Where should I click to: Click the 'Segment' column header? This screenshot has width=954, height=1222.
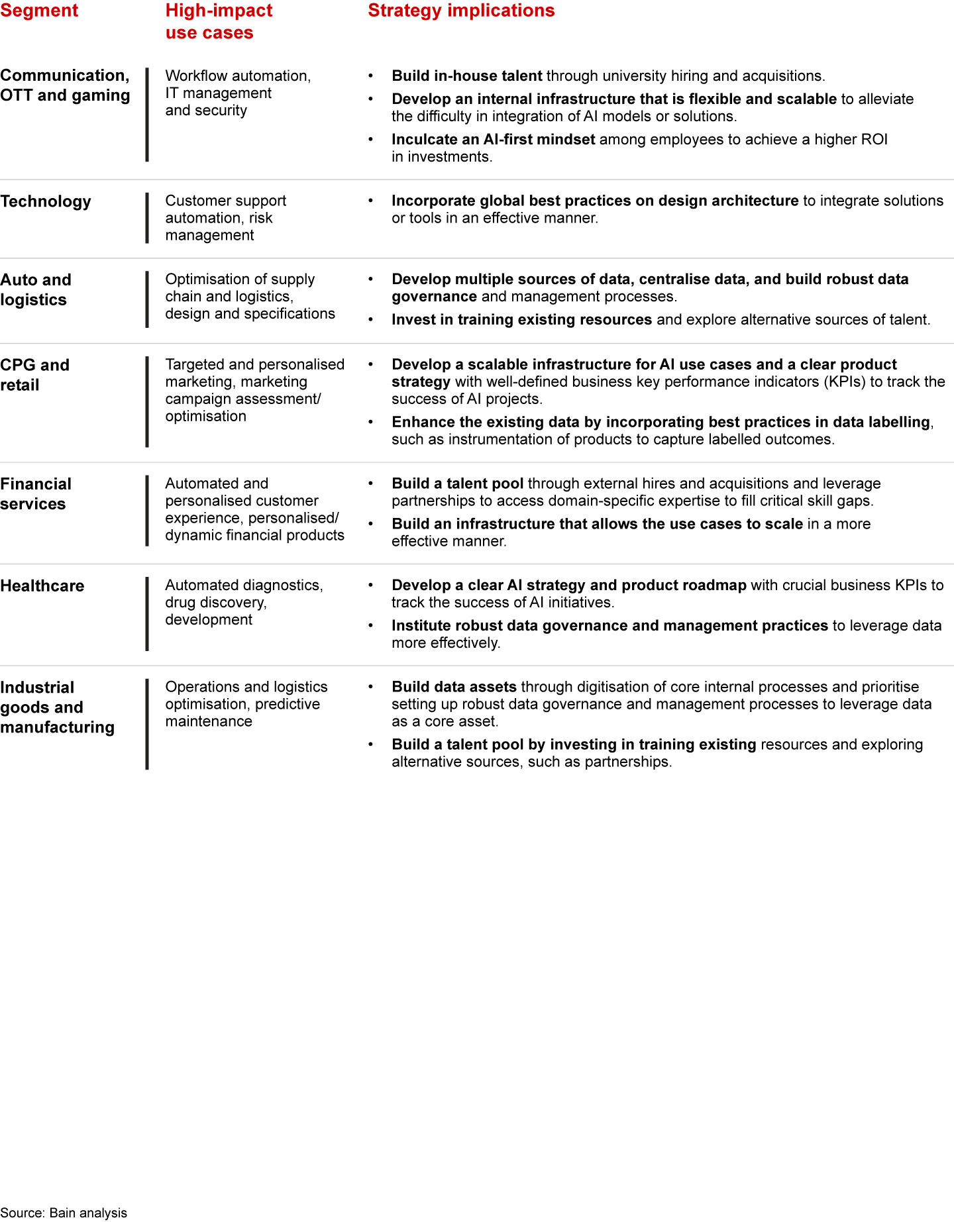[39, 11]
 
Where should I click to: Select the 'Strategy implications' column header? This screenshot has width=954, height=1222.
[461, 11]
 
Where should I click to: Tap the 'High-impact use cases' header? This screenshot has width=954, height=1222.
[219, 21]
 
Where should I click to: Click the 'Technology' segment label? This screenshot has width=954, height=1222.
[46, 201]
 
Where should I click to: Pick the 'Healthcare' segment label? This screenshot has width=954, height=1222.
[42, 586]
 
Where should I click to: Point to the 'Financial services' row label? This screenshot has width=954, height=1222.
[36, 494]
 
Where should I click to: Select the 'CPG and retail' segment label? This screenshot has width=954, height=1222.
[34, 375]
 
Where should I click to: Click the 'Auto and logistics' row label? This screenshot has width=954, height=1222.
[36, 289]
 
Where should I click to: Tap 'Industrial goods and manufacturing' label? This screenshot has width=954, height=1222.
[57, 707]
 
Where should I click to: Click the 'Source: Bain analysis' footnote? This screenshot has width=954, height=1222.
[64, 1213]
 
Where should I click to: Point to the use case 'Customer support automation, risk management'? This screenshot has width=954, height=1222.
[225, 218]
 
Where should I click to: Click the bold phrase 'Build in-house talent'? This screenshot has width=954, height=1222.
[466, 76]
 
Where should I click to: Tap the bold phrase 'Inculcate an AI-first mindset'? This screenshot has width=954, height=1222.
[493, 140]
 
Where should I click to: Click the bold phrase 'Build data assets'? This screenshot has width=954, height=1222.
[454, 687]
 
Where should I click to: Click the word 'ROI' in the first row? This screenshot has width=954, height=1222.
[873, 140]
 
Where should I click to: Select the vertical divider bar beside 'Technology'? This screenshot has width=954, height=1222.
[147, 218]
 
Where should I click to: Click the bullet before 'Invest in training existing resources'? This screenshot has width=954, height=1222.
[371, 320]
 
